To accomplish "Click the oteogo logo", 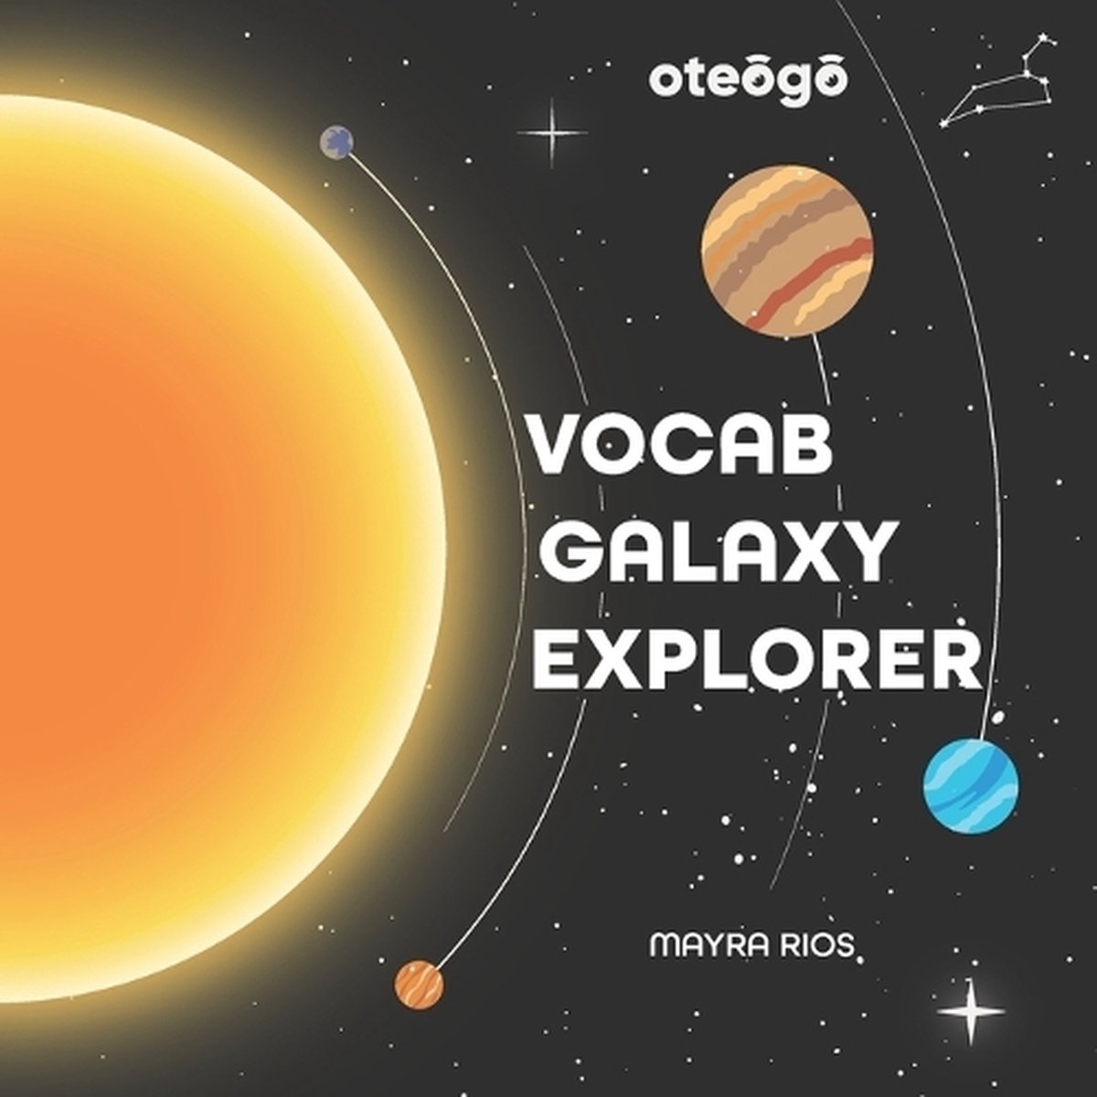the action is (748, 84).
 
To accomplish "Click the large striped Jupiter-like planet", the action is (788, 251).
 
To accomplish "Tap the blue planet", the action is (971, 785).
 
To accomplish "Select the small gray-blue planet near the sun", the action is (336, 142).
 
